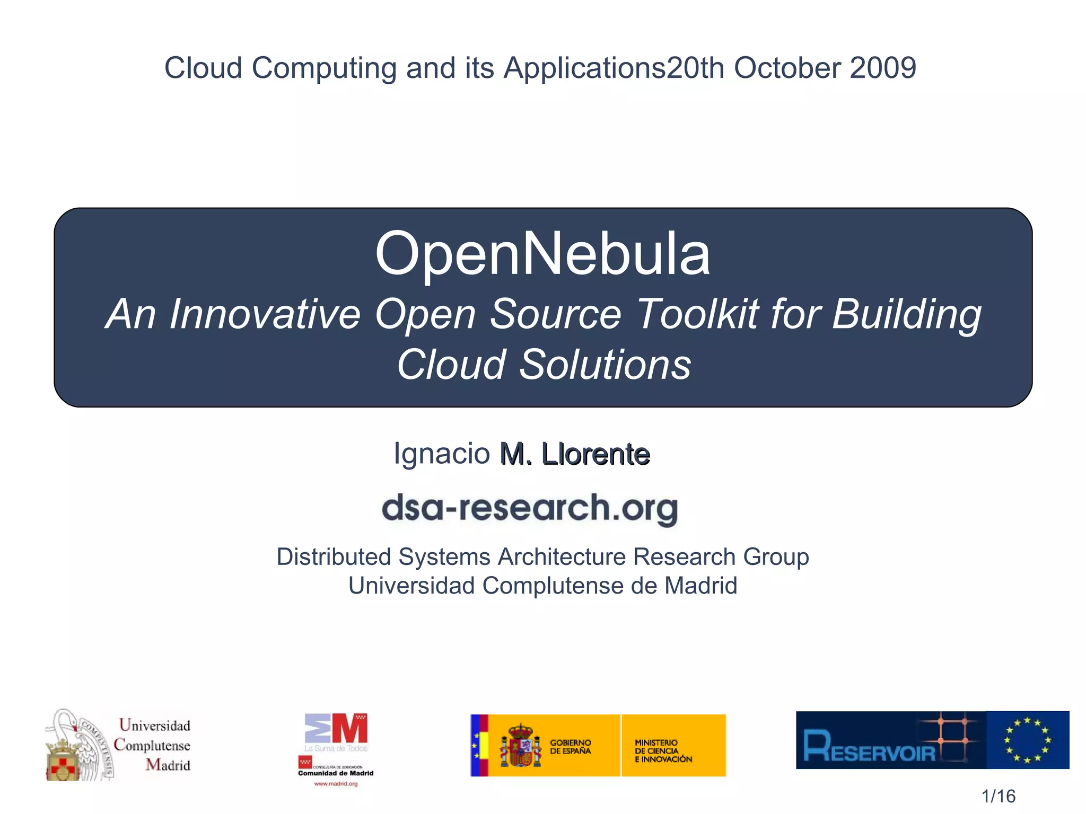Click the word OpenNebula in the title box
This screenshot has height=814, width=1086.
(542, 254)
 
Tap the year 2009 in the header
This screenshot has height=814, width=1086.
(882, 68)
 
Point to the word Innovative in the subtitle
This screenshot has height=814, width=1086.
(265, 314)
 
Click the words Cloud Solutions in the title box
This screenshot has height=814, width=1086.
(544, 365)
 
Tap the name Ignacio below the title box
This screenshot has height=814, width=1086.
(441, 454)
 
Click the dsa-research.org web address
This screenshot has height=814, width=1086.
(529, 508)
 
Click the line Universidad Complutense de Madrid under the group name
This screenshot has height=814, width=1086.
(542, 586)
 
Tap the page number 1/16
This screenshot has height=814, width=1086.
(998, 796)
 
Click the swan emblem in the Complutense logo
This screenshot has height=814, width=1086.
(80, 745)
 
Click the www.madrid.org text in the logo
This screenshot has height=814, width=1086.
(336, 784)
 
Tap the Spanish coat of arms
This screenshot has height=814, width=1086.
(521, 746)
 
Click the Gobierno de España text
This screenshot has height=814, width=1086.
(570, 747)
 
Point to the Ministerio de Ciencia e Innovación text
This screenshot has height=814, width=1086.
(663, 751)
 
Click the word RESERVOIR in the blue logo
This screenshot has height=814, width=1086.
(870, 747)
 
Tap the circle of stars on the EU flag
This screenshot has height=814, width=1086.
(1028, 740)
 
